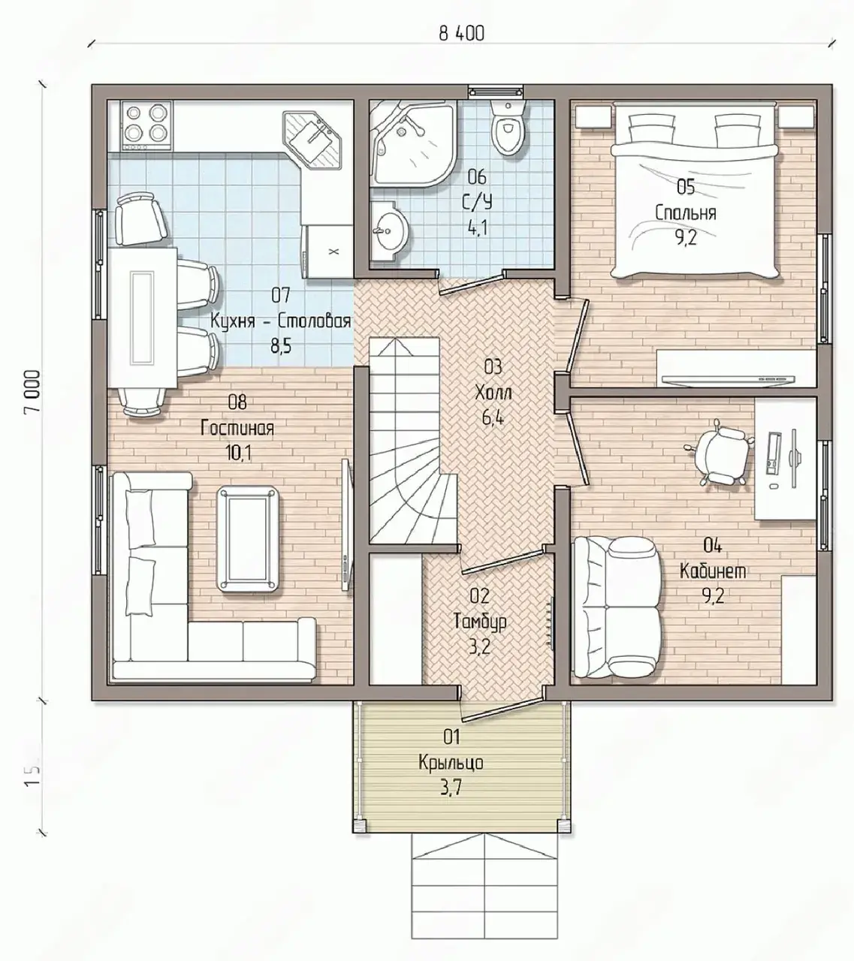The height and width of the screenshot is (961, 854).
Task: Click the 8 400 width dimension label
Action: click(x=461, y=34)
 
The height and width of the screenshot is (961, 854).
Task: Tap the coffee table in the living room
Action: click(x=249, y=538)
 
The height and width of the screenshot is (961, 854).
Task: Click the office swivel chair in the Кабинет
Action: click(x=720, y=451)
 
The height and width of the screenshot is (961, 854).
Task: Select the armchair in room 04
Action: click(x=617, y=609)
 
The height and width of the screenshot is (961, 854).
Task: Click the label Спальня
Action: click(x=686, y=213)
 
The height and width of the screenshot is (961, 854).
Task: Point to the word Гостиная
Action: click(x=237, y=429)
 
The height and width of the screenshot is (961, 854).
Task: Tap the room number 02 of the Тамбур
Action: click(x=479, y=595)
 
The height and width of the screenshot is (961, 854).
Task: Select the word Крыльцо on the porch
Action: click(x=451, y=763)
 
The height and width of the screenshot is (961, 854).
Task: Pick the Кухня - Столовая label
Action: click(x=280, y=321)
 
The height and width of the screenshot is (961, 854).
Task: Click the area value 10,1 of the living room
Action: click(x=239, y=453)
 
